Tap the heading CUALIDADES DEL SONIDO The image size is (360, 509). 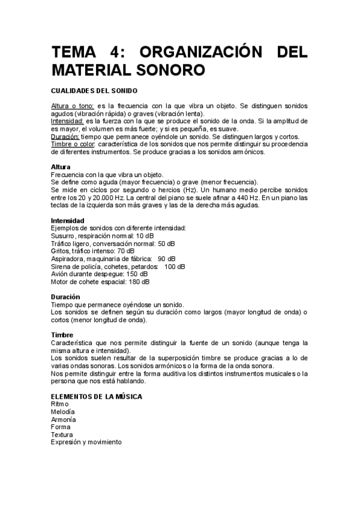[94, 91]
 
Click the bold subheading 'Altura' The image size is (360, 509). [61, 166]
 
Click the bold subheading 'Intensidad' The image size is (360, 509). [67, 220]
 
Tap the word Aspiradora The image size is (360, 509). [68, 259]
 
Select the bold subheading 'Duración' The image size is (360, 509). [65, 297]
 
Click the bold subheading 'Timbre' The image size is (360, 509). [62, 335]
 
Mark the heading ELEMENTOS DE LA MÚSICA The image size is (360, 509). [96, 397]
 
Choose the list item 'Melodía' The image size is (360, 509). [63, 412]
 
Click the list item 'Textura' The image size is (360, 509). [62, 435]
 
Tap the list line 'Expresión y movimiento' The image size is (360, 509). [86, 442]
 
